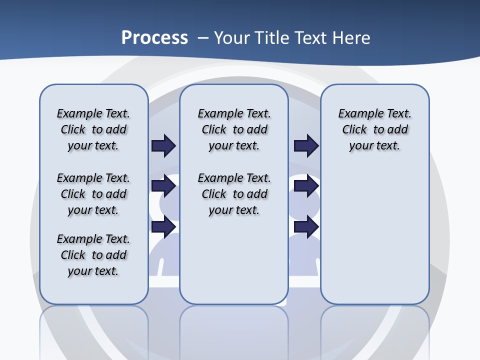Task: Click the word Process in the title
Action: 154,38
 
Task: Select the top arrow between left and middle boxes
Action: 163,145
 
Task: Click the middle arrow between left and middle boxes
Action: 163,186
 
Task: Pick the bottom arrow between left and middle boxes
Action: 163,227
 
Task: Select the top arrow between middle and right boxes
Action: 306,145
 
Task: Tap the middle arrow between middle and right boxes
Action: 306,186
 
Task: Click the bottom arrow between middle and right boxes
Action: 306,227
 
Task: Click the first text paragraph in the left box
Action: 93,129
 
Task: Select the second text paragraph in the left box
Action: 93,194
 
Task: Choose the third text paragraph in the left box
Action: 93,255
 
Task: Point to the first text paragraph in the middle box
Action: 234,129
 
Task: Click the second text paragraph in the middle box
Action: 234,194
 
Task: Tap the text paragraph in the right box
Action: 374,129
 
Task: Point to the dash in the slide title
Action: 203,38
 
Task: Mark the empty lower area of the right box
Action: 374,235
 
